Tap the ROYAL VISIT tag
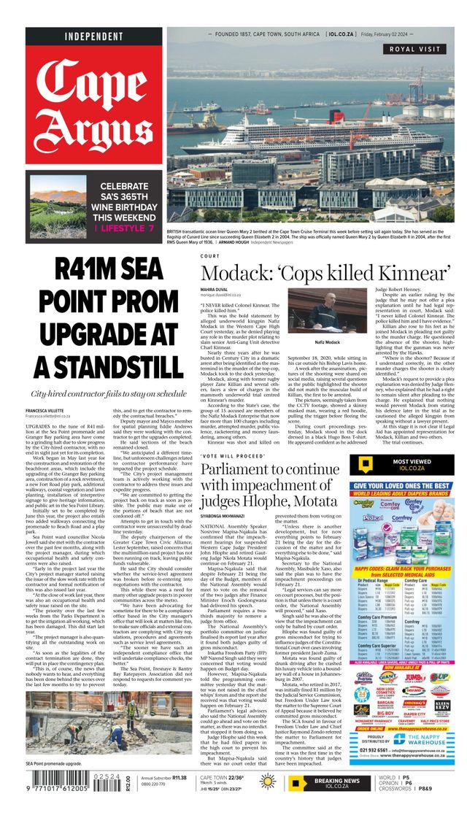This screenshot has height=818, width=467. click(419, 50)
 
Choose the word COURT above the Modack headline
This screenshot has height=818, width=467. click(209, 256)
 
